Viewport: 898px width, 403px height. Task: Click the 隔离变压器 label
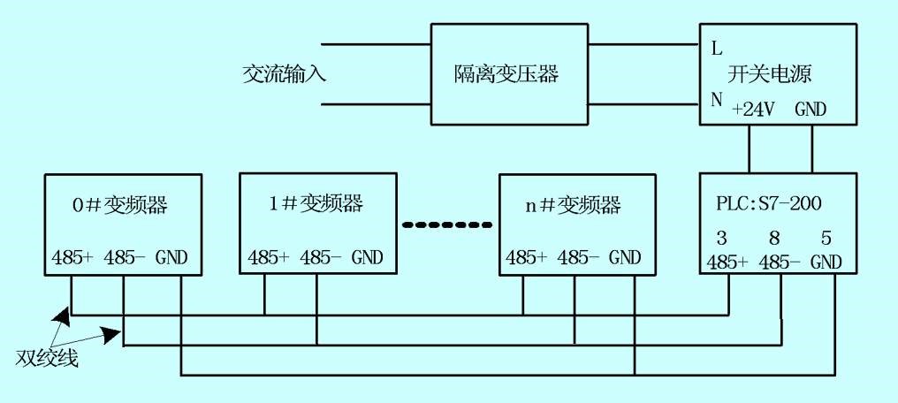[506, 74]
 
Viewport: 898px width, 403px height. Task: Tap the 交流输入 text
[284, 74]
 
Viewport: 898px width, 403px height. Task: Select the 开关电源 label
[770, 74]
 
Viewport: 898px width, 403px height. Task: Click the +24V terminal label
[754, 110]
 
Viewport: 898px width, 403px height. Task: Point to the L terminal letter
[717, 49]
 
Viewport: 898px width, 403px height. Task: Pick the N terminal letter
[717, 100]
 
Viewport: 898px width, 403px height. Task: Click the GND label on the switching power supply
[811, 110]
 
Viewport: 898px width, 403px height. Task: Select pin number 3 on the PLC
[721, 238]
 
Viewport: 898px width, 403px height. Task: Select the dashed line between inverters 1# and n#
[447, 224]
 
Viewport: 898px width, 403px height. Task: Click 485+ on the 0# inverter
[72, 257]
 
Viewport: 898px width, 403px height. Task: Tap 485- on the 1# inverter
[320, 257]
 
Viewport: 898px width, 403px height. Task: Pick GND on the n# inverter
[625, 257]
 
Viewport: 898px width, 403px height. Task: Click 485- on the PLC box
[780, 262]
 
